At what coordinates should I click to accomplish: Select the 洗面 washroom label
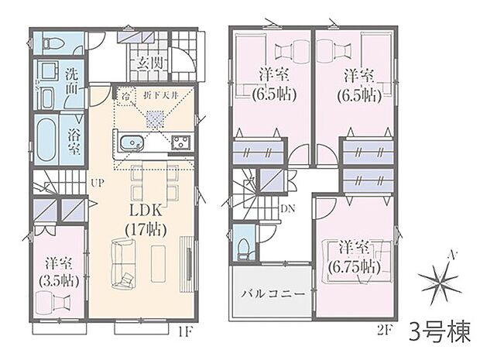coord(70,82)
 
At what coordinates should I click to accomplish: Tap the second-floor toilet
coord(244,245)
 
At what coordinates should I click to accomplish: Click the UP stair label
coord(98,183)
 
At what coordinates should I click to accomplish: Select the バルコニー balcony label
coord(270,294)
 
